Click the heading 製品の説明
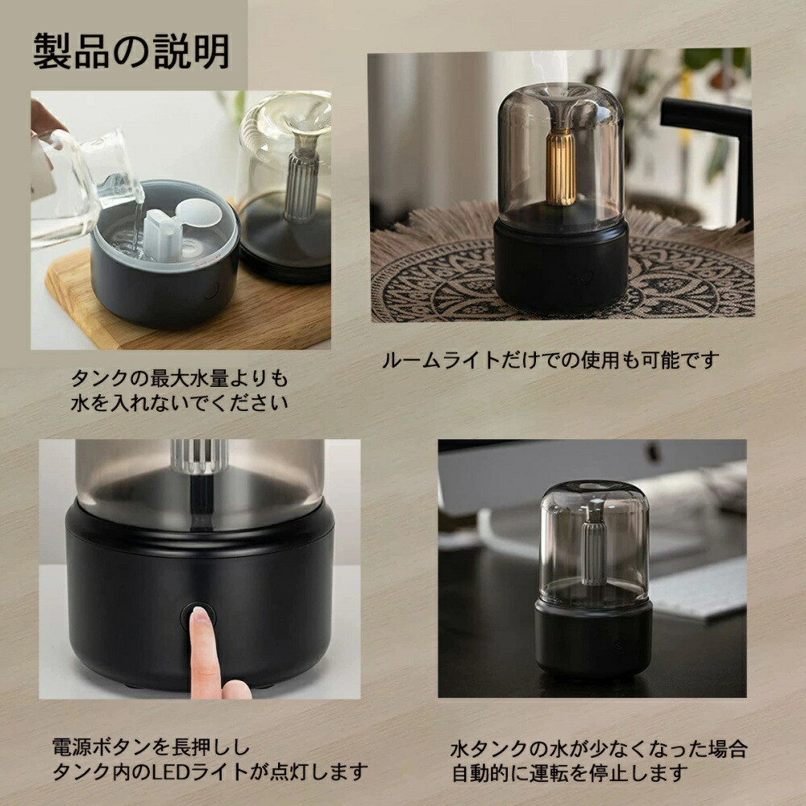tap(131, 52)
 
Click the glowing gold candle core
tap(561, 165)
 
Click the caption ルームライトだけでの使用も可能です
tap(550, 359)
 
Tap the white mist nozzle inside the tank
tap(172, 230)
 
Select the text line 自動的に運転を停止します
tap(569, 774)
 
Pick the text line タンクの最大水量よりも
tap(179, 378)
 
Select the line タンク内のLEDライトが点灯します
tap(210, 772)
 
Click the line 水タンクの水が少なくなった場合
tap(599, 749)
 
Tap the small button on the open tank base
tap(211, 290)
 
